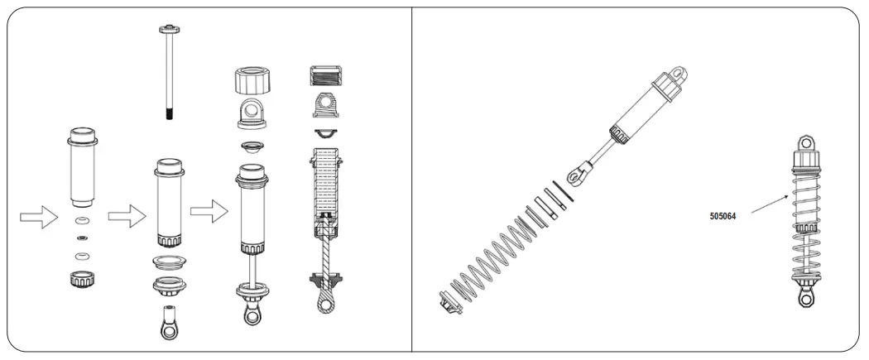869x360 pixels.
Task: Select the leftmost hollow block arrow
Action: tap(37, 218)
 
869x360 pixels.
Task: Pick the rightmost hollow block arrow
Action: tap(209, 211)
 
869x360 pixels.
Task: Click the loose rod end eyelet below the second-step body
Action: tap(169, 325)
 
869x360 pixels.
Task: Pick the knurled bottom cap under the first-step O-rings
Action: tap(80, 278)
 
